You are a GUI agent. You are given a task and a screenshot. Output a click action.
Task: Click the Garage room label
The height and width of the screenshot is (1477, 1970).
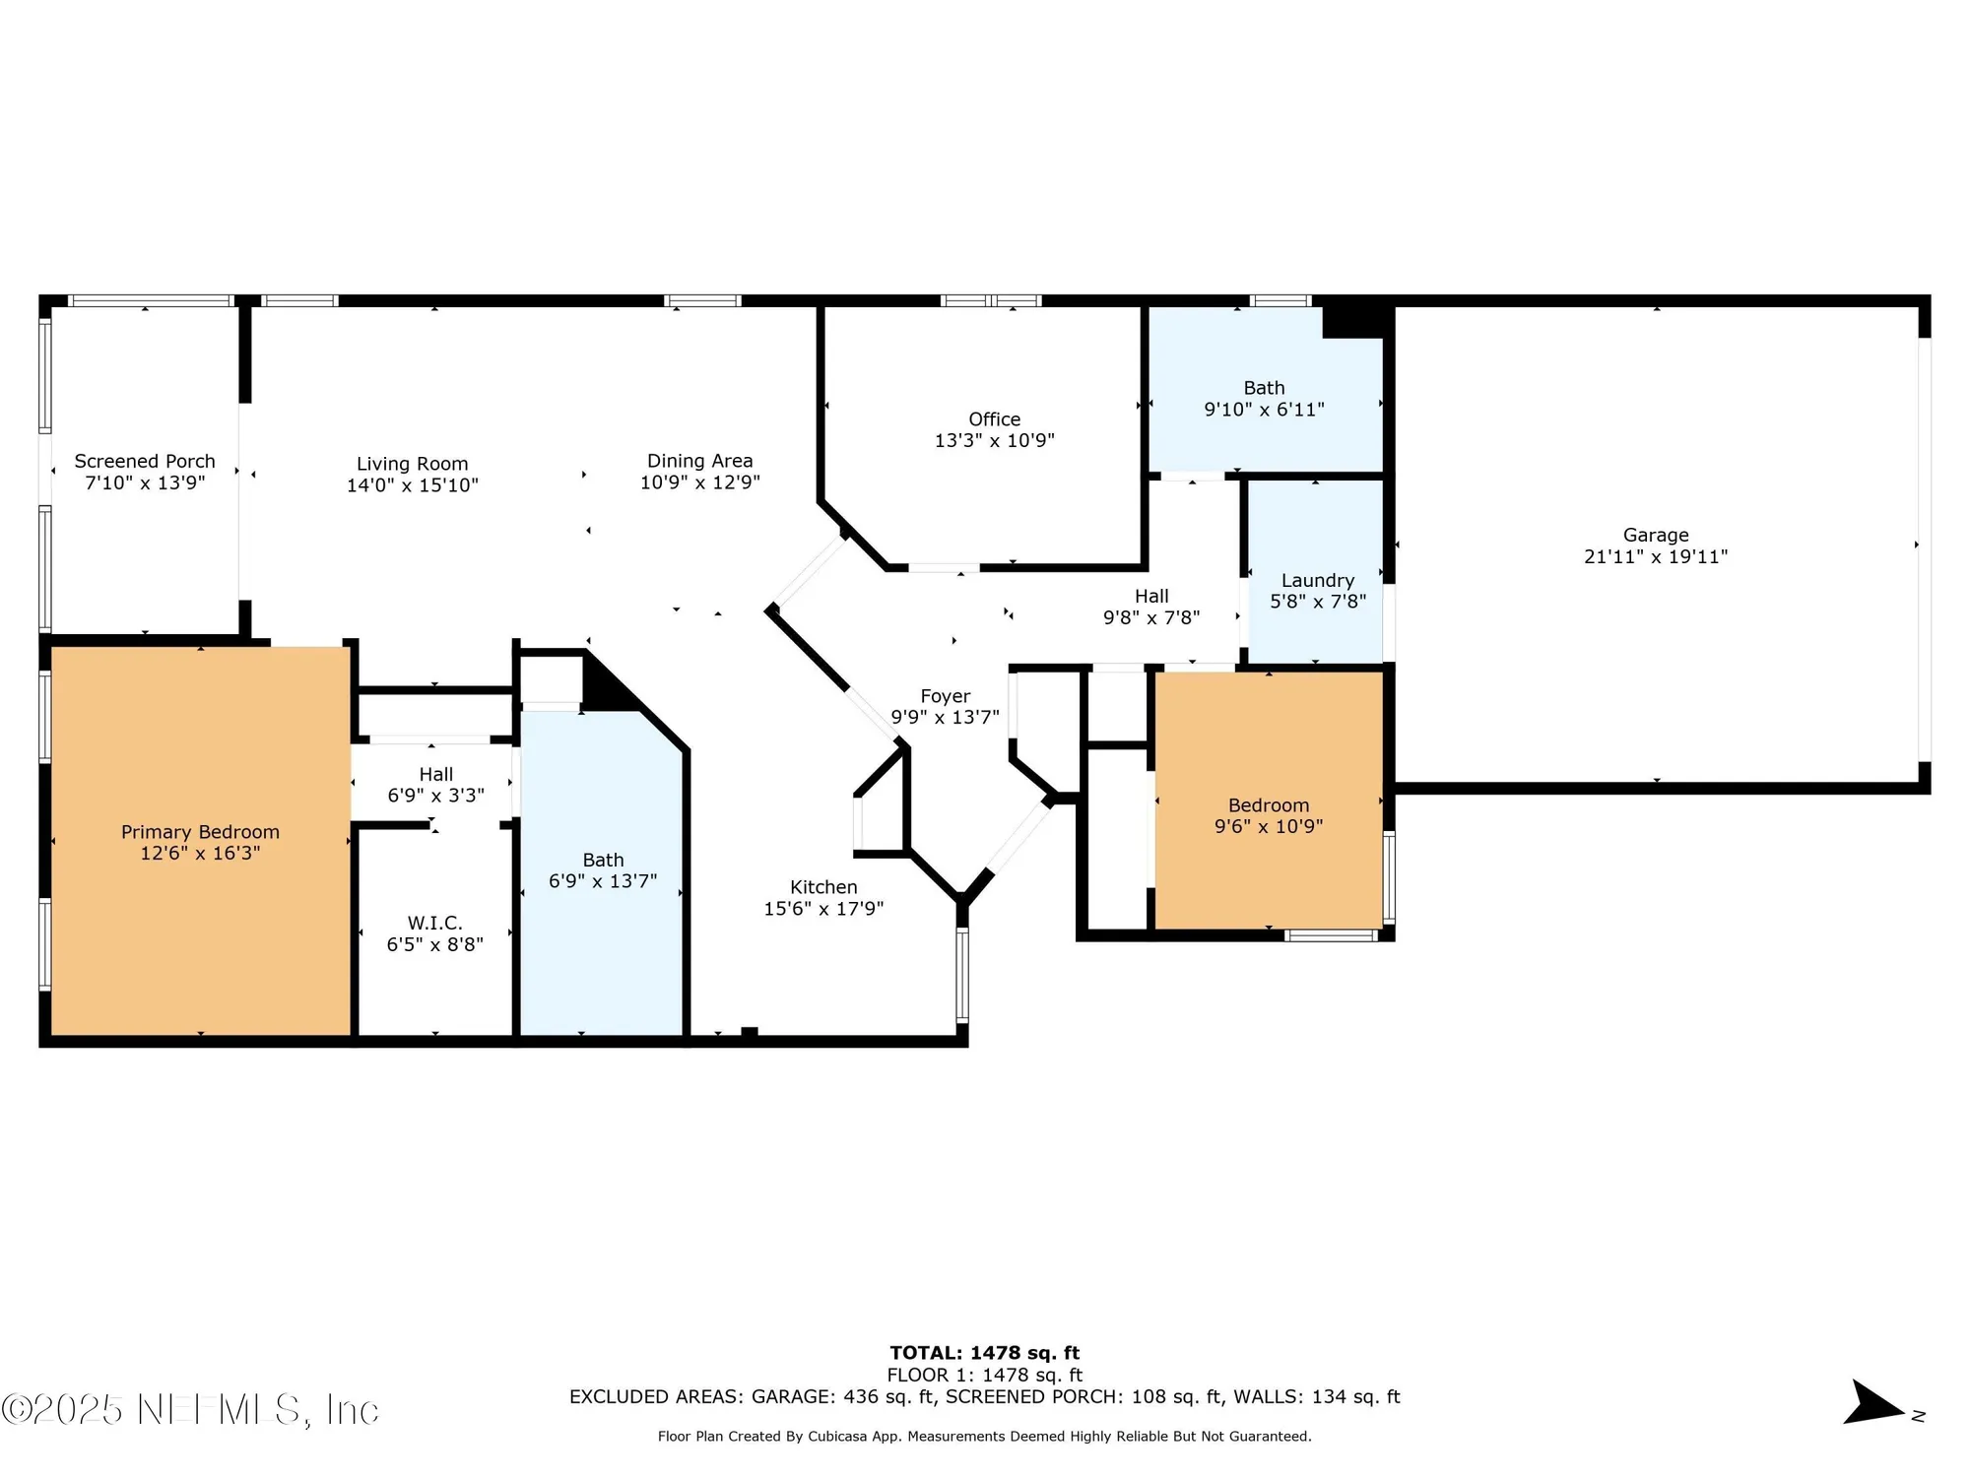point(1655,535)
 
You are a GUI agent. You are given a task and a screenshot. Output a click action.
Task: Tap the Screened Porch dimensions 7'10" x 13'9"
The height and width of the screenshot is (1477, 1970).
point(145,483)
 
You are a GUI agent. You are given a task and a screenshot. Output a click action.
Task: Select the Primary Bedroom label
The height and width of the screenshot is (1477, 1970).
point(200,832)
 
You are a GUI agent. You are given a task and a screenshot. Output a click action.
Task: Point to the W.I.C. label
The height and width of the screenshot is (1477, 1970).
point(434,923)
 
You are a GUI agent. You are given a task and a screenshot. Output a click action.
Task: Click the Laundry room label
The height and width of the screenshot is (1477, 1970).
point(1317,580)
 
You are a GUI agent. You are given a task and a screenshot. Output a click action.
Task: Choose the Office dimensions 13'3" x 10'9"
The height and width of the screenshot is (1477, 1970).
point(994,441)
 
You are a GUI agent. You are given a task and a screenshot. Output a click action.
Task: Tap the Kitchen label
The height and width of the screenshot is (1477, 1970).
point(823,887)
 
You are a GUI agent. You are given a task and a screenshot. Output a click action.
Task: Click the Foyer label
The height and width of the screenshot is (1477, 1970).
point(945,696)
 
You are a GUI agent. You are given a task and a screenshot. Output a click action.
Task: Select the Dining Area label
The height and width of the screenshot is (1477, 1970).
point(699,461)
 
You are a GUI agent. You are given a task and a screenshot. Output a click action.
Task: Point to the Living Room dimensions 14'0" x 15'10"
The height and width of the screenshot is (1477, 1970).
point(412,485)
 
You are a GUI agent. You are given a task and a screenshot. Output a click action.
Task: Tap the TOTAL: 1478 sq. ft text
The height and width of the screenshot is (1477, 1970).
point(984,1353)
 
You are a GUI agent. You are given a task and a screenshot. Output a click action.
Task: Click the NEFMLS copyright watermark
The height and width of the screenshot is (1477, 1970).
point(189,1410)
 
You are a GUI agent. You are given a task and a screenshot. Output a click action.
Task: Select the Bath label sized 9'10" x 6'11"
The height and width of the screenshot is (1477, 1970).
point(1264,388)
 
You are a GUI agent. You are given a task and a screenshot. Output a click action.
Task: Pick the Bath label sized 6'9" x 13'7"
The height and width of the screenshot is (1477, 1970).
point(603,860)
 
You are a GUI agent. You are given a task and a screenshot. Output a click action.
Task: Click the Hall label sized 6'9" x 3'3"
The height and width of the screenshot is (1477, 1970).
point(435,774)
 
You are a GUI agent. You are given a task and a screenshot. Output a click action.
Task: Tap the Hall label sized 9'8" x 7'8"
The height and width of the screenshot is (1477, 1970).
point(1150,596)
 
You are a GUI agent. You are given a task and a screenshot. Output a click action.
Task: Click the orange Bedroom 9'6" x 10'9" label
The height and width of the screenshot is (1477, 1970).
point(1268,805)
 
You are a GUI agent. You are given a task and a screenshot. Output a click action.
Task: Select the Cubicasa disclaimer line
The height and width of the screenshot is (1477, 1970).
point(984,1437)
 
